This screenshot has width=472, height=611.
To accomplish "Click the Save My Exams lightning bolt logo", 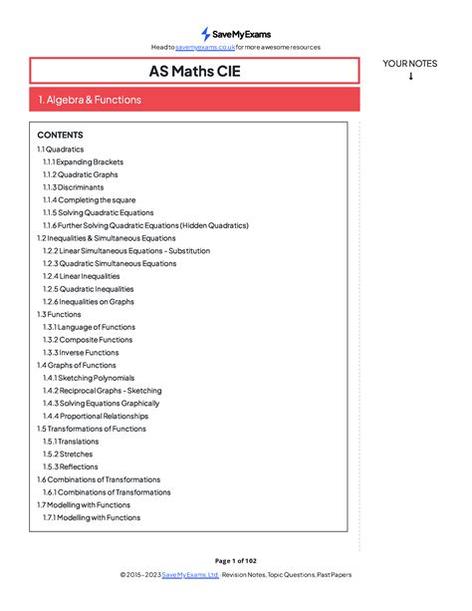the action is (206, 34).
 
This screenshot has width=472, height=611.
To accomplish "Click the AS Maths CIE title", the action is (194, 71).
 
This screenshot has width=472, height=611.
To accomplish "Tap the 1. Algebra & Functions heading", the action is (90, 100).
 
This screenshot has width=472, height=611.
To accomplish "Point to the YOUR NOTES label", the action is (410, 64).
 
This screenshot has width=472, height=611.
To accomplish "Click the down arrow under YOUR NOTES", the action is (410, 77).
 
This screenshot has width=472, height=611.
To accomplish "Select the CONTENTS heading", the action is (60, 135).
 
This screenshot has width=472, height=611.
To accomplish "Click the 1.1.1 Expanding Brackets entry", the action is (80, 161).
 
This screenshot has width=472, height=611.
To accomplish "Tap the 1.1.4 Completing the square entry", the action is (90, 200).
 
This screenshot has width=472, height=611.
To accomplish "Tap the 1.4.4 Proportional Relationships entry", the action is (96, 417).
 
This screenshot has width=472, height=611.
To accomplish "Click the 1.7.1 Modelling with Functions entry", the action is (92, 518).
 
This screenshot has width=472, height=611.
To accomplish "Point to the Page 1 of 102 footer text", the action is (235, 561).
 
